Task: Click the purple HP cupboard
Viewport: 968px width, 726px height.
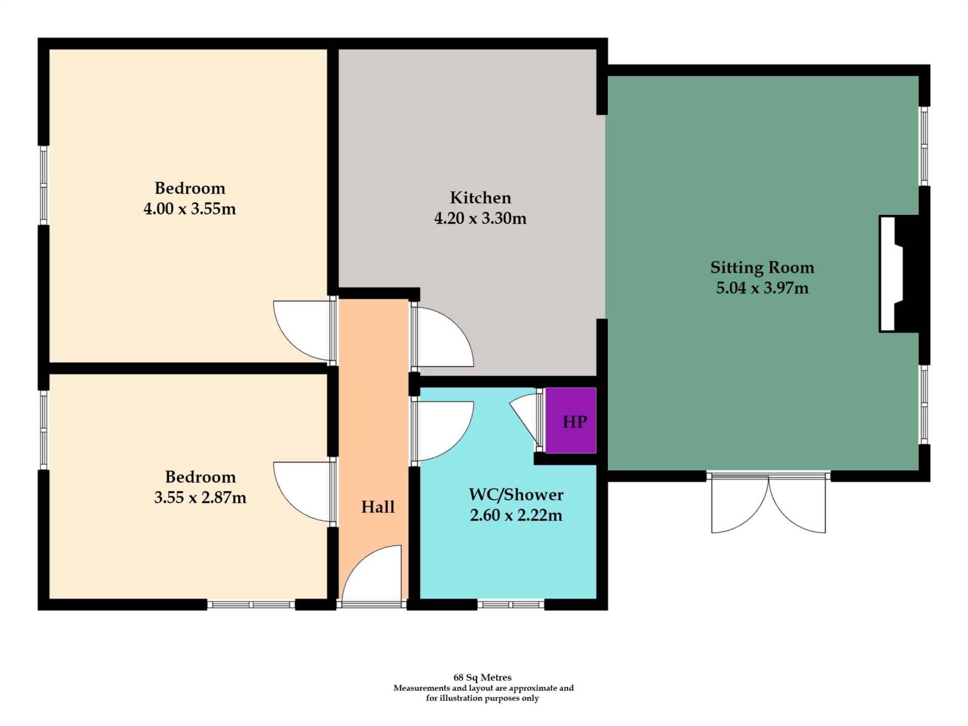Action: (x=571, y=420)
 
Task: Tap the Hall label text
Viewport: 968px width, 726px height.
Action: (x=378, y=507)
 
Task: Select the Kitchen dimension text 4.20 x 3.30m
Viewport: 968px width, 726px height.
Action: (x=480, y=218)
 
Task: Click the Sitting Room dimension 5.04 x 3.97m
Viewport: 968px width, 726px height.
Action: (x=762, y=287)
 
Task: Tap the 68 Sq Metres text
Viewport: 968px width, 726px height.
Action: (x=482, y=677)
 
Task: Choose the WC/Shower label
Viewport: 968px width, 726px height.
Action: (x=516, y=495)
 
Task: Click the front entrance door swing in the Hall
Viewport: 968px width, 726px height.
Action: (x=372, y=573)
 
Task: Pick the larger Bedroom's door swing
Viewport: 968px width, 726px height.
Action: (x=302, y=331)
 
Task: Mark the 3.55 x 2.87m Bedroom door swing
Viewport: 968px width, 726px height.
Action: (x=302, y=492)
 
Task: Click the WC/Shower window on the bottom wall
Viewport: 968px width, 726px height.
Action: (x=511, y=604)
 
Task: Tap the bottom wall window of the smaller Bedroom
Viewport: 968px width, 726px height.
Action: (x=251, y=604)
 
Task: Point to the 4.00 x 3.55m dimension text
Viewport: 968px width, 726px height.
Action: (x=190, y=208)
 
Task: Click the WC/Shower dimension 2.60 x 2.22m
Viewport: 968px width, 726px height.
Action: (x=516, y=515)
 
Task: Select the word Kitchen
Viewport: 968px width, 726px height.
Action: (x=480, y=197)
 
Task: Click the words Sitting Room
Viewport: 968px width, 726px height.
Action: (x=762, y=267)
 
